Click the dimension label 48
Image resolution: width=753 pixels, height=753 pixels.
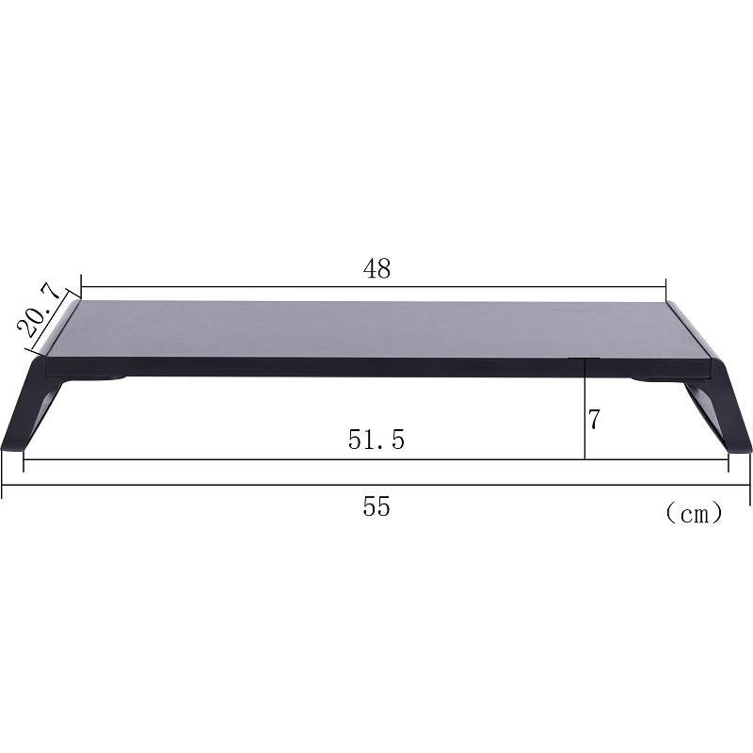click(x=376, y=268)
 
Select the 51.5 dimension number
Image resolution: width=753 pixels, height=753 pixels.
click(x=376, y=440)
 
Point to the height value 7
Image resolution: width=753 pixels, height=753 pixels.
click(x=594, y=421)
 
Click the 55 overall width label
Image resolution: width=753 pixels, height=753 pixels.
click(x=376, y=507)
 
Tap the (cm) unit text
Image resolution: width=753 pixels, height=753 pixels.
click(x=694, y=513)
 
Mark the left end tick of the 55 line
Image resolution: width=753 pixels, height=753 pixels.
click(x=3, y=486)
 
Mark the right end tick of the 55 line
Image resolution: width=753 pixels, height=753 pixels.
click(x=750, y=486)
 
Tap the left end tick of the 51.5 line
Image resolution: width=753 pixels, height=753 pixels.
click(x=24, y=459)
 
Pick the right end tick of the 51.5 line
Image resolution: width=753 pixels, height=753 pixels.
click(x=728, y=459)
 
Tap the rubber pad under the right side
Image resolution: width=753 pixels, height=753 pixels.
click(x=649, y=379)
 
